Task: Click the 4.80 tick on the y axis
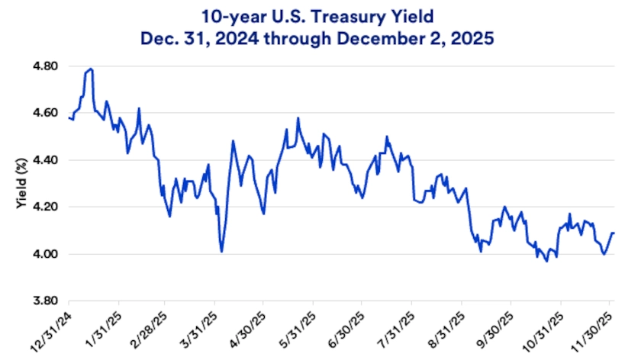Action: pos(47,66)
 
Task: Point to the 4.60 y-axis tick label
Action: pos(47,113)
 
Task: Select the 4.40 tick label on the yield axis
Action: pos(47,160)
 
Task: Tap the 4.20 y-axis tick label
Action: pos(47,207)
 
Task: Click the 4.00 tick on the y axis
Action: pos(47,254)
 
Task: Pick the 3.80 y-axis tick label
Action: pos(47,301)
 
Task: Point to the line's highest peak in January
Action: pos(91,69)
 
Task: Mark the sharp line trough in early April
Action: pos(221,252)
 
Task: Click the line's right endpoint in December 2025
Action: pos(614,233)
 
